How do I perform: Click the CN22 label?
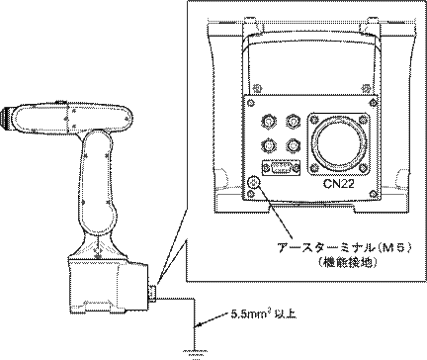339,184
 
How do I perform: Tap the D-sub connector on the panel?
281,167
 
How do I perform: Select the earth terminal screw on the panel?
254,181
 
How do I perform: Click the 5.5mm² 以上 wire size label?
263,315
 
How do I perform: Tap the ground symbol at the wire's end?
197,353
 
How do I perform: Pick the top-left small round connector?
268,122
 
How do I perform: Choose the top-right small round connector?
293,122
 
